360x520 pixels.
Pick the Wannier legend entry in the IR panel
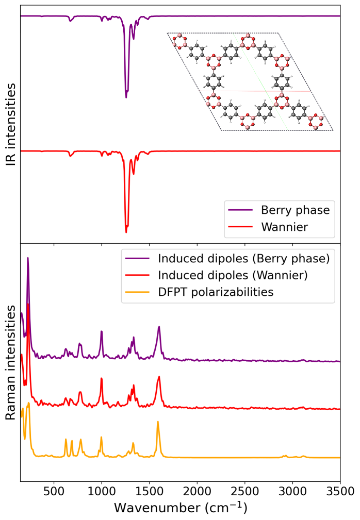(x=284, y=227)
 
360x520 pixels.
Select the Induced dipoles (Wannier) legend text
(x=233, y=275)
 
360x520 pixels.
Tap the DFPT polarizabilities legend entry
(x=216, y=292)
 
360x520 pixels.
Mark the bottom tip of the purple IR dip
(x=126, y=97)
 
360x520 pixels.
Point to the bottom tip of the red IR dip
(x=126, y=232)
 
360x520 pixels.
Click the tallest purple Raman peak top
(x=28, y=258)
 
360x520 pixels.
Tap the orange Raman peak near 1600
(x=158, y=422)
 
